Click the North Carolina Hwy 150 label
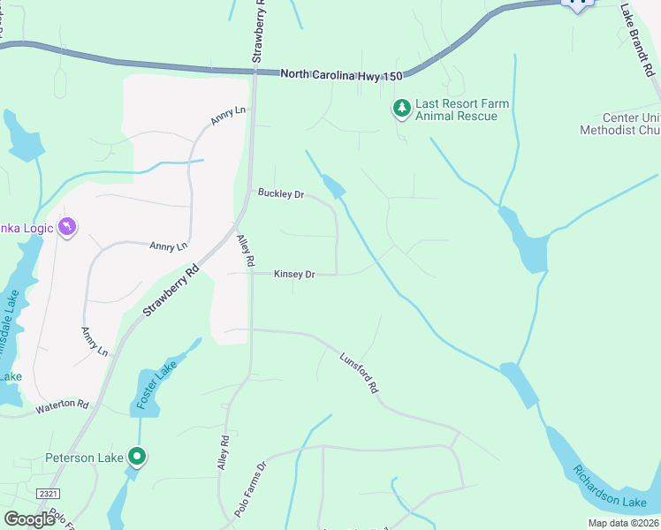coord(347,76)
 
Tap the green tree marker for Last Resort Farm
coord(402,108)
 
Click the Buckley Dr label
coord(280,193)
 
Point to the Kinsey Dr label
coord(294,275)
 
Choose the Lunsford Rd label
coord(359,373)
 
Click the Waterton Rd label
coord(62,406)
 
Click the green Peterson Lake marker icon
coord(137,457)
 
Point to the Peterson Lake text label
coord(85,458)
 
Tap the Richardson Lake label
coord(609,487)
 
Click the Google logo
coord(29,519)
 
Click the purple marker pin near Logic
coord(67,228)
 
